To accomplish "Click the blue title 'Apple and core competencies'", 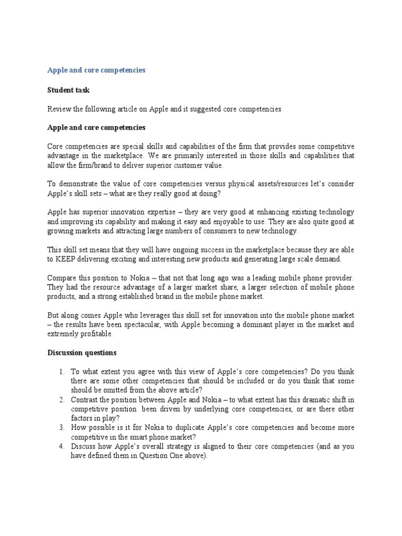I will pos(96,70).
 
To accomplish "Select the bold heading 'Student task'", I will pos(69,90).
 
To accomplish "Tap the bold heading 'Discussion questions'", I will pos(82,352).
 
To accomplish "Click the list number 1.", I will pos(61,372).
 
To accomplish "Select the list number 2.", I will pos(61,400).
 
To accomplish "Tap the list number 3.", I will pos(61,428).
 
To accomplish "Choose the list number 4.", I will pos(61,446).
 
